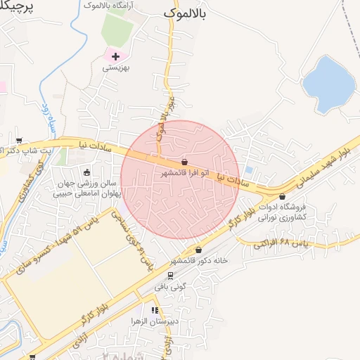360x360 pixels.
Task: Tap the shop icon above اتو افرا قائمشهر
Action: tap(184, 162)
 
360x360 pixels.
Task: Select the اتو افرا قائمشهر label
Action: tap(184, 172)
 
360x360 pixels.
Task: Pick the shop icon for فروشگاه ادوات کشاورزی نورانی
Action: tap(283, 197)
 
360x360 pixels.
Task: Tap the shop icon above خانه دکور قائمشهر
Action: tap(199, 250)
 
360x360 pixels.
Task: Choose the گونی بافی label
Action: tap(169, 287)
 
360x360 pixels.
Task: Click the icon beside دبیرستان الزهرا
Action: tap(154, 309)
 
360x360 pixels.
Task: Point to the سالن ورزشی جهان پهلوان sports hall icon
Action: tap(87, 172)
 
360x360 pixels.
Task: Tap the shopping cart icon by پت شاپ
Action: tap(19, 140)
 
